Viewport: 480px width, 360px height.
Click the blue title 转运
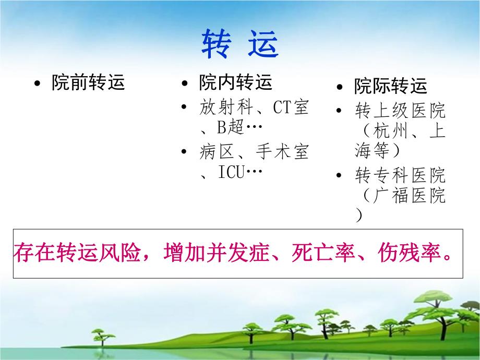click(x=240, y=44)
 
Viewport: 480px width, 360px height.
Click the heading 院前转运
click(x=88, y=83)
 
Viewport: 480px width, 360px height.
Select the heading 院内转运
click(x=235, y=82)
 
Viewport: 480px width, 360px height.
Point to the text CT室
click(x=290, y=108)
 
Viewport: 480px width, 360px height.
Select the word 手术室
click(x=282, y=152)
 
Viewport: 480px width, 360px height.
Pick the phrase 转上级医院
click(x=400, y=111)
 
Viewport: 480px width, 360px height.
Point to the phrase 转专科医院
click(x=400, y=175)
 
